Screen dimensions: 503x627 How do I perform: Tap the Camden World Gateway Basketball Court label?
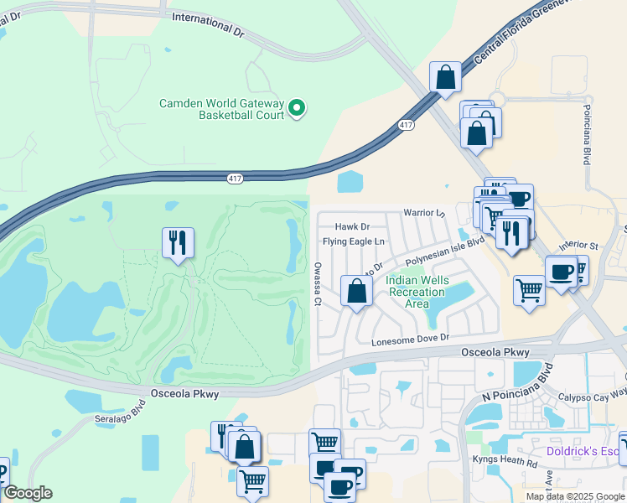[222, 110]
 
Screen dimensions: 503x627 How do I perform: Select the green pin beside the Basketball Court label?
[296, 108]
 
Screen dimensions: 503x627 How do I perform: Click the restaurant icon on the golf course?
[178, 243]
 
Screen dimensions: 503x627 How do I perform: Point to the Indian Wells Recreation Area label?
[417, 292]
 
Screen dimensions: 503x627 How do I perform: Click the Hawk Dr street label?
[352, 227]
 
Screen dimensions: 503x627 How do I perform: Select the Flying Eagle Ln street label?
[354, 242]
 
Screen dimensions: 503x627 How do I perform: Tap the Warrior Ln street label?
[424, 213]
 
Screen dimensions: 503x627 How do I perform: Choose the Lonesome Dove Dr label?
[411, 337]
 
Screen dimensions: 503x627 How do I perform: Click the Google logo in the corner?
[28, 493]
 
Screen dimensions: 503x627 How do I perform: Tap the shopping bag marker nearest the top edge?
[446, 78]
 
